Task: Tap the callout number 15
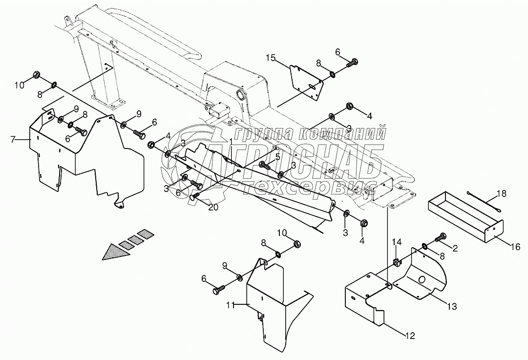(271, 59)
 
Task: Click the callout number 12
(410, 336)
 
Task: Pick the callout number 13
(451, 306)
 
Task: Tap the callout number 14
(397, 242)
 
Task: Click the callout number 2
(455, 248)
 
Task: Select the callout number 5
(278, 157)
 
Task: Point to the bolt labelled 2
(441, 237)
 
